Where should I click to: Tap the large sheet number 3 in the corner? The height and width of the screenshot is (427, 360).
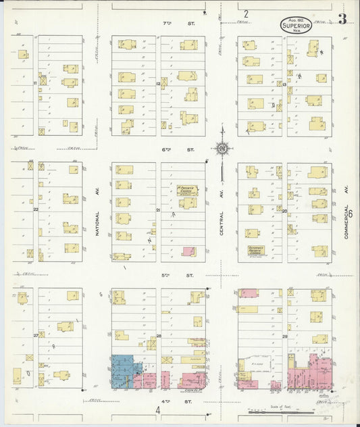tap(342, 19)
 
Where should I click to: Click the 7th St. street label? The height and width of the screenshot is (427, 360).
tap(168, 23)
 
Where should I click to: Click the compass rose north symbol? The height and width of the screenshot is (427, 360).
tap(222, 147)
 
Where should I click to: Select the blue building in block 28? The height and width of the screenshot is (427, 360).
tap(126, 370)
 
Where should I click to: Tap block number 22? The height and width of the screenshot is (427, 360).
tap(36, 209)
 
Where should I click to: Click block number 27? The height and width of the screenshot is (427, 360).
tap(36, 335)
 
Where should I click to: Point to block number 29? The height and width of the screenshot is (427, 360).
tap(284, 336)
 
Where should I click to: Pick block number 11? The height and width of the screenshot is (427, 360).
tap(34, 82)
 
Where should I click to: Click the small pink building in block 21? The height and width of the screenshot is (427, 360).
tap(189, 251)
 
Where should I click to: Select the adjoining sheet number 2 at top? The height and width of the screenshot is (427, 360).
tap(246, 14)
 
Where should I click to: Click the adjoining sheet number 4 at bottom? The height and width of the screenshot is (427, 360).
tap(158, 410)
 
